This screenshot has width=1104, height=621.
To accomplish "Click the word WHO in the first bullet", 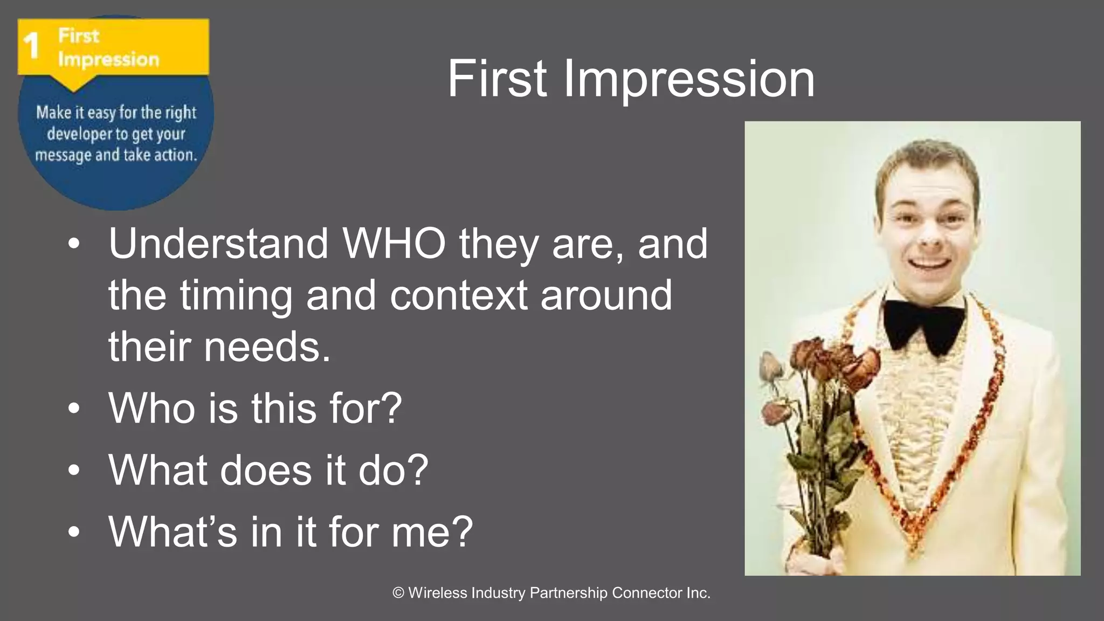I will pos(394,244).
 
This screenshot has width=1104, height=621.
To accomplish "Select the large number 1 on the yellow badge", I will pos(32,46).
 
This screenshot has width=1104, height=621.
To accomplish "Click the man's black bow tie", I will pos(923,324).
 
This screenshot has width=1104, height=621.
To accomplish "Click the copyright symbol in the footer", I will pos(398,593).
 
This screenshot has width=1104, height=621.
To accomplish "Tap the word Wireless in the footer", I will pos(438,593).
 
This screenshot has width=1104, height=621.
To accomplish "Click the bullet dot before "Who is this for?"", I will pos(74,408).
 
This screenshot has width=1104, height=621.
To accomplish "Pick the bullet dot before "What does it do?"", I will pos(74,470).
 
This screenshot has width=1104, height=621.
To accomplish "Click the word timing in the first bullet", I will pos(237,296).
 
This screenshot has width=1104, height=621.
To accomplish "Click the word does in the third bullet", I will pos(266,470).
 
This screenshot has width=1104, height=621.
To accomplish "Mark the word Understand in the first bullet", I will pos(218,244).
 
